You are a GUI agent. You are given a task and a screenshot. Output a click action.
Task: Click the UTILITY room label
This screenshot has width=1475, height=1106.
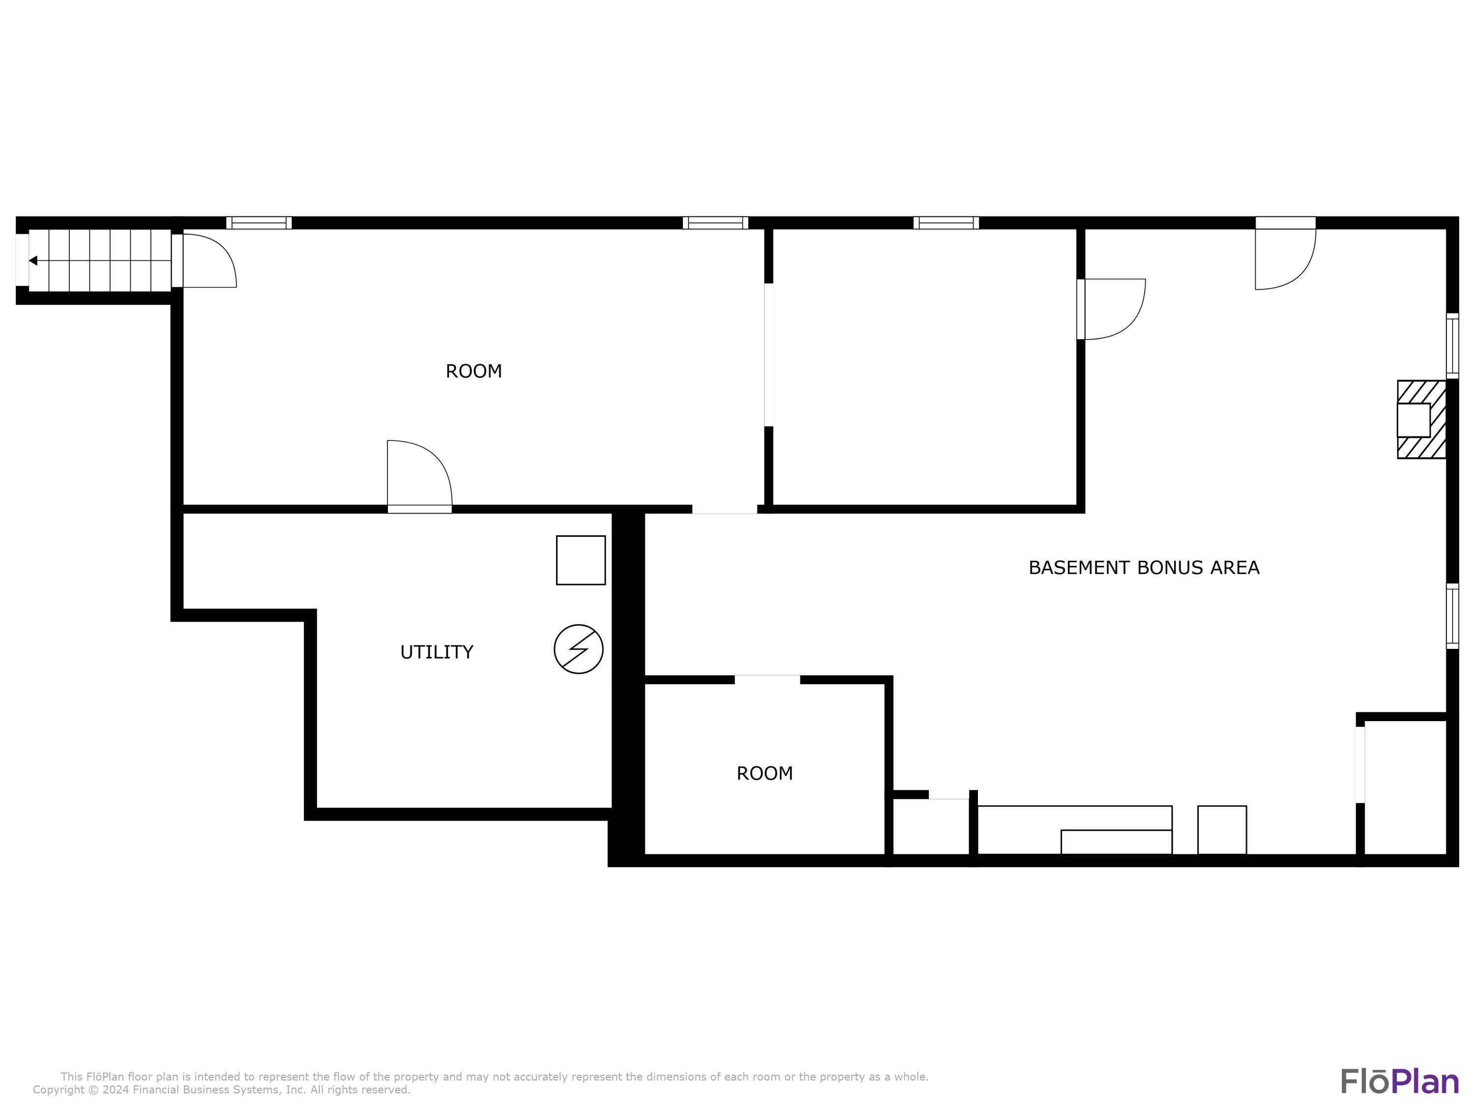[436, 652]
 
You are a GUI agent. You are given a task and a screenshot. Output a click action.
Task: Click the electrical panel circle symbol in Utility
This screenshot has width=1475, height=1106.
[578, 649]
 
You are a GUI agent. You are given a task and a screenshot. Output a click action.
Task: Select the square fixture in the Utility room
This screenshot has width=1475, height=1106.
[580, 560]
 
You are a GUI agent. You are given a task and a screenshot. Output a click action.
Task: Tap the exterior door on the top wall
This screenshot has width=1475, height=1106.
[1284, 257]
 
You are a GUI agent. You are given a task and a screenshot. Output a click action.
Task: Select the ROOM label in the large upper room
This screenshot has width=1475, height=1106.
[473, 371]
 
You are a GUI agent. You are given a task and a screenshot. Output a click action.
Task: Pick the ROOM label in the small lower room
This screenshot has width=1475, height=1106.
[764, 773]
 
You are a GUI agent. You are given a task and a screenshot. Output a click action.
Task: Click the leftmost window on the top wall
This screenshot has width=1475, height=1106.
[259, 223]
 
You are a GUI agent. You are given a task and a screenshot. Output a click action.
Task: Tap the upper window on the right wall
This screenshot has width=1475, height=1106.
[1452, 346]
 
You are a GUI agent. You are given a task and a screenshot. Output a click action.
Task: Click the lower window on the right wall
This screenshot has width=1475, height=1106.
[1452, 616]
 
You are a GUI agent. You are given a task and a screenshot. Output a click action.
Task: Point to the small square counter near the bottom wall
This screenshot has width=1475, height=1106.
[1222, 830]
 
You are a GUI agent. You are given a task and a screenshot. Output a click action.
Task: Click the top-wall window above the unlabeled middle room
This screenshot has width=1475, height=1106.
[945, 223]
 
